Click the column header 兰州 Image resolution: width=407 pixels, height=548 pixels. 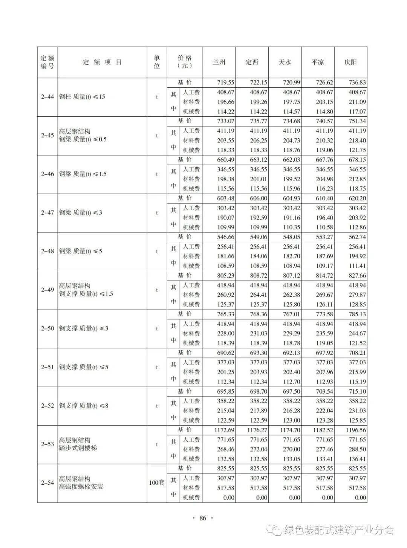coord(219,62)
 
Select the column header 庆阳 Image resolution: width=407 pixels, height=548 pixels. coord(350,62)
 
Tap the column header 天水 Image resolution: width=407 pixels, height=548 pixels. coord(285,62)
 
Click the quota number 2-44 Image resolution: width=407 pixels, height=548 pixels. coord(47,97)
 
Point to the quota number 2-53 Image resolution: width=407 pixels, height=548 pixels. coord(47,444)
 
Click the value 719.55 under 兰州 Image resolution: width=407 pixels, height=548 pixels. coord(225,82)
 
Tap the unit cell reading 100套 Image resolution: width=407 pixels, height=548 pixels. coord(157,482)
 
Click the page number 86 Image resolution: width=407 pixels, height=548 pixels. coord(203,518)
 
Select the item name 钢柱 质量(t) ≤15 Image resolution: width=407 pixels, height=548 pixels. coord(82,97)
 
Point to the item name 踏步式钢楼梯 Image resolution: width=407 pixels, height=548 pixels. coord(78,448)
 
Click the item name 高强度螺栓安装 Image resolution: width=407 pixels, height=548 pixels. coord(81,487)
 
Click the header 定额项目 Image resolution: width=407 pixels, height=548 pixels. coord(102,62)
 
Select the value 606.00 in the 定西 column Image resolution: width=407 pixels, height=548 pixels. coord(259,198)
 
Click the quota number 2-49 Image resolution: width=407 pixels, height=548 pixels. coord(47,290)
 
